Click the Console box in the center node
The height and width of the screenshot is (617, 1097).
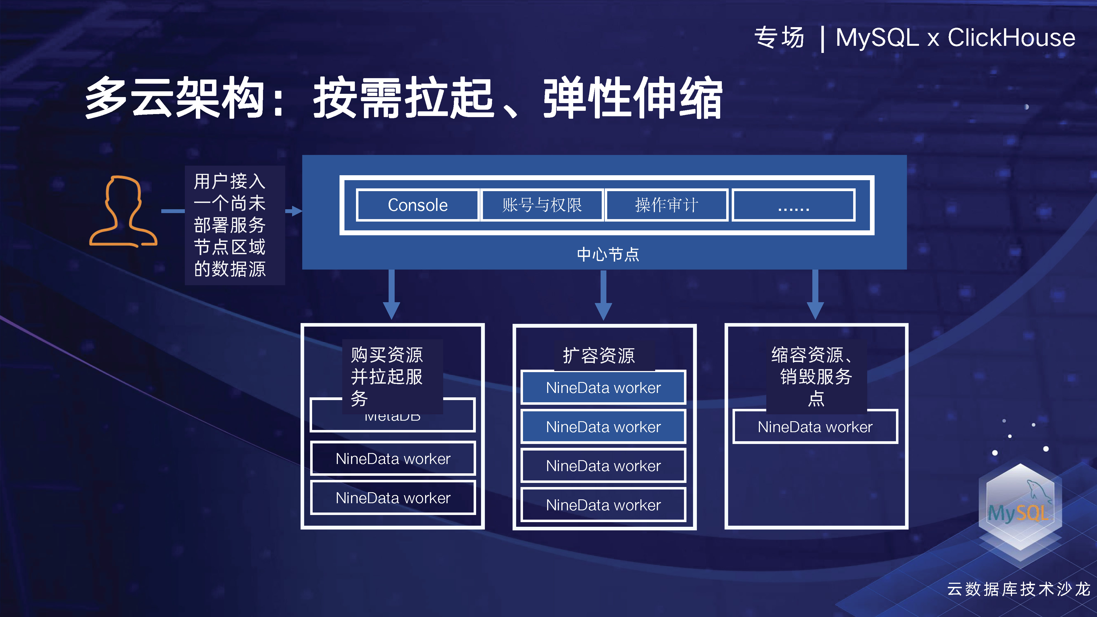tap(417, 205)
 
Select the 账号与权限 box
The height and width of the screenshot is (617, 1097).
tap(542, 205)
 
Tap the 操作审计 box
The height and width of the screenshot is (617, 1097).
tap(666, 205)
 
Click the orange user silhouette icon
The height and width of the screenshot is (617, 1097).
tap(123, 212)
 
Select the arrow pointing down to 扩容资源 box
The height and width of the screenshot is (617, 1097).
tap(603, 295)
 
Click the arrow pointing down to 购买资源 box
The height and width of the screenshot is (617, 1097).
tap(391, 295)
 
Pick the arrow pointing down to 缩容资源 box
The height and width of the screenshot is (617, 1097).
tap(815, 295)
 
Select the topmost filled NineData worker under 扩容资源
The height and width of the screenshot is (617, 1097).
tap(603, 387)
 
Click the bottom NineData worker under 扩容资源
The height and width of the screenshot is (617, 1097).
tap(603, 505)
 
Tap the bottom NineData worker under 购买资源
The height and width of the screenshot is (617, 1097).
tap(393, 498)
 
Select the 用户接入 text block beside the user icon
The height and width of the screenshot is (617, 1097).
tap(230, 225)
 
